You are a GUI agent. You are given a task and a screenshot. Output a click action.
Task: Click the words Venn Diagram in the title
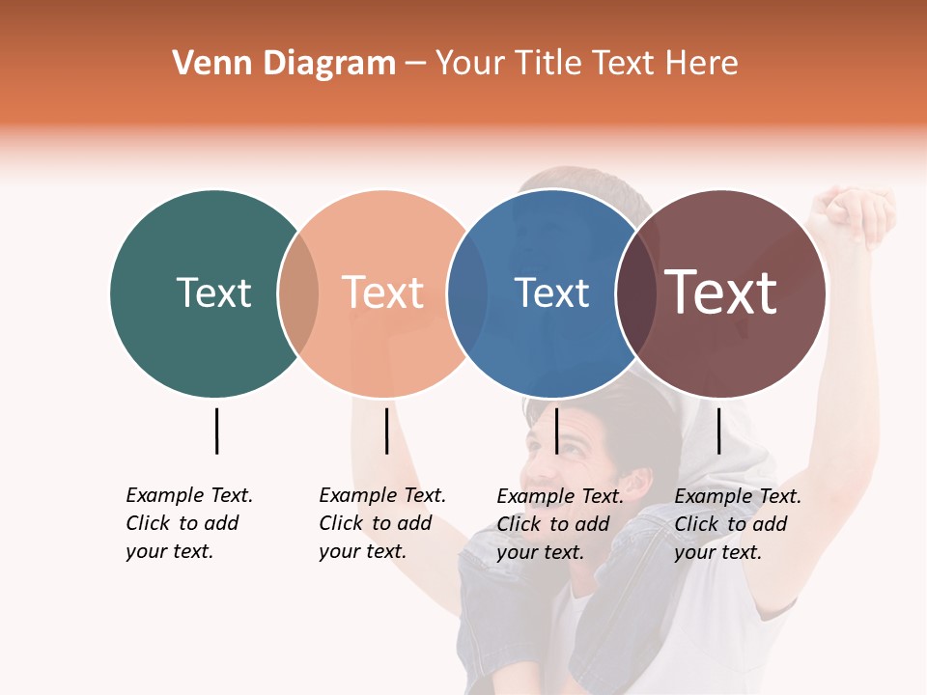284,64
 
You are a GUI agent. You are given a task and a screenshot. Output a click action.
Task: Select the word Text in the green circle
213,292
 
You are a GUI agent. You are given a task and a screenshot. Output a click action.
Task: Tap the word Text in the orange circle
383,292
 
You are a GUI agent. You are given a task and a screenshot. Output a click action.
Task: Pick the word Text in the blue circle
551,292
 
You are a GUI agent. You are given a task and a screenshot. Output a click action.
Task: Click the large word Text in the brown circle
721,292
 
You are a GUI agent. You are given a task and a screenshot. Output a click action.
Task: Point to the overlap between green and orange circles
298,293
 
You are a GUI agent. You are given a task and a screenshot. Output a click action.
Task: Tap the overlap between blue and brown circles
634,293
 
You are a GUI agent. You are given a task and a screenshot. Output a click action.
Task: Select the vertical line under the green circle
216,431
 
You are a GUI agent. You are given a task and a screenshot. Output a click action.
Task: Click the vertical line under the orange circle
386,431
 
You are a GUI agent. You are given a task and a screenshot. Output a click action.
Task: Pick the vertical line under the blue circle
556,431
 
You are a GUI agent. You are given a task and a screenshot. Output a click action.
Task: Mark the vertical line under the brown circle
718,431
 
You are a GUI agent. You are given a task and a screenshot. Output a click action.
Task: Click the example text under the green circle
188,523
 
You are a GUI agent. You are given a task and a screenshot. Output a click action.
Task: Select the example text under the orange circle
381,523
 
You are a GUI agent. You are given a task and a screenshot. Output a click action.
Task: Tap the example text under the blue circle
559,524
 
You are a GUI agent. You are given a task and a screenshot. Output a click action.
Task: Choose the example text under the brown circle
737,524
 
